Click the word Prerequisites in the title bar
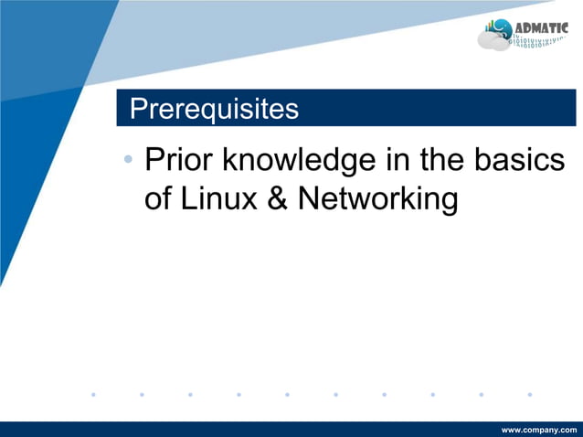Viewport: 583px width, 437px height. [x=214, y=109]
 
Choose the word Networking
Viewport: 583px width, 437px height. [x=376, y=199]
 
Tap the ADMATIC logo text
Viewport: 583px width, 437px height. [x=542, y=27]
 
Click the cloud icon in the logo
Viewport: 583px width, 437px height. [x=494, y=40]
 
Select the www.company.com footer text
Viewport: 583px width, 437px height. [x=539, y=429]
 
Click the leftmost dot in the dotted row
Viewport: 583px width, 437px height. [x=93, y=395]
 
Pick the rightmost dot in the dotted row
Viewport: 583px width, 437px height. [x=529, y=395]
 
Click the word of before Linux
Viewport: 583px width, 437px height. [x=158, y=198]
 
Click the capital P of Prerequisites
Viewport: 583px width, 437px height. [x=138, y=109]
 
